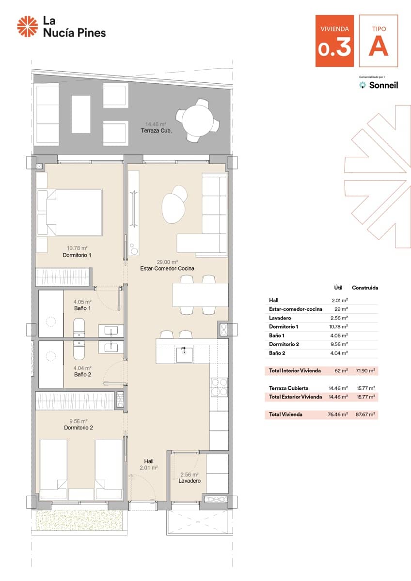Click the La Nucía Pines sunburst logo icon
click(28, 26)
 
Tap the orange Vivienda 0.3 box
click(334, 41)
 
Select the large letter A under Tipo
click(379, 47)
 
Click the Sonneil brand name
click(383, 85)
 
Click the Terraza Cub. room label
click(156, 131)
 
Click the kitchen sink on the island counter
click(185, 354)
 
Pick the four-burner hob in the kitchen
click(219, 387)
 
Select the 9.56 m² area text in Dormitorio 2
click(78, 421)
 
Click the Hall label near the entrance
click(149, 461)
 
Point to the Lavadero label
click(190, 481)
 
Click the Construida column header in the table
click(365, 288)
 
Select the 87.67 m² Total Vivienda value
click(366, 414)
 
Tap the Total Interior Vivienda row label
click(295, 371)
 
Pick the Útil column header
click(338, 288)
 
